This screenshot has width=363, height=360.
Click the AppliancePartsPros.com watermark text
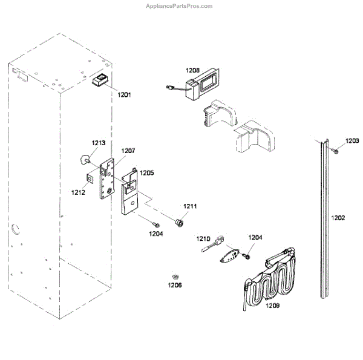pyautogui.click(x=179, y=6)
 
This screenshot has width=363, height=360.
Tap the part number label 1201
pyautogui.click(x=124, y=95)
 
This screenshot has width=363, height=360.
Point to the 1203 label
pyautogui.click(x=352, y=141)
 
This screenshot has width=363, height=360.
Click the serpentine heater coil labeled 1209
pyautogui.click(x=272, y=275)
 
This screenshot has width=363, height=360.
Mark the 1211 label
pyautogui.click(x=191, y=207)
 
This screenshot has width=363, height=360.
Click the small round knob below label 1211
pyautogui.click(x=179, y=223)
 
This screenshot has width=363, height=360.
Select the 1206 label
pyautogui.click(x=175, y=284)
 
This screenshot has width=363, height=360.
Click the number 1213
pyautogui.click(x=99, y=143)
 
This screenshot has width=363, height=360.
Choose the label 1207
pyautogui.click(x=128, y=151)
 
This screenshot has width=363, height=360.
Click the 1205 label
pyautogui.click(x=147, y=172)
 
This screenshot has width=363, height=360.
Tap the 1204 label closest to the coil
pyautogui.click(x=255, y=238)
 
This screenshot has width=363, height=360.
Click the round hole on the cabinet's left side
pyautogui.click(x=15, y=229)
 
